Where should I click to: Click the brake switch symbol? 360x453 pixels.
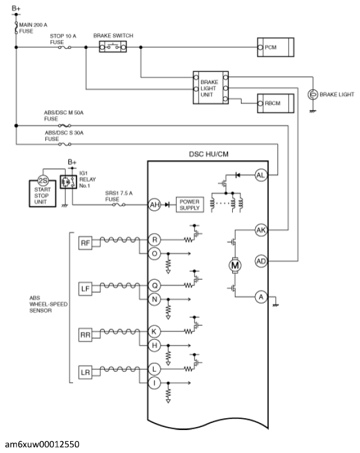(x=113, y=47)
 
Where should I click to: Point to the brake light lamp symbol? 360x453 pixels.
(x=312, y=94)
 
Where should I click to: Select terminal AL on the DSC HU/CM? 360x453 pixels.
(x=260, y=175)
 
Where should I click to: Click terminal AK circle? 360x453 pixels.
(x=261, y=230)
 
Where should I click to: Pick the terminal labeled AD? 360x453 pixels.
(x=261, y=261)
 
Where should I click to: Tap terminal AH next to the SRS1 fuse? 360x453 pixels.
(x=154, y=205)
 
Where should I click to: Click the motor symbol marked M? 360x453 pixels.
(x=235, y=265)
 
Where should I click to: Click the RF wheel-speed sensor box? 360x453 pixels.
(x=85, y=243)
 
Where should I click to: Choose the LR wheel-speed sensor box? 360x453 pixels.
(x=85, y=372)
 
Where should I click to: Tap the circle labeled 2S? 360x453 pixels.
(x=43, y=181)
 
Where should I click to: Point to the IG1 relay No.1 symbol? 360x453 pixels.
(x=68, y=181)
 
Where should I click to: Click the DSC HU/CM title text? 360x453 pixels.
(x=209, y=154)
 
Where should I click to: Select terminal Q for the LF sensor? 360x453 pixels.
(x=154, y=286)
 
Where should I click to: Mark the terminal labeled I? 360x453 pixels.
(x=154, y=383)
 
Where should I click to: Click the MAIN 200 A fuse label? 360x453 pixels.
(x=33, y=28)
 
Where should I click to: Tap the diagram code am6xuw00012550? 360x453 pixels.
(x=42, y=444)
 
